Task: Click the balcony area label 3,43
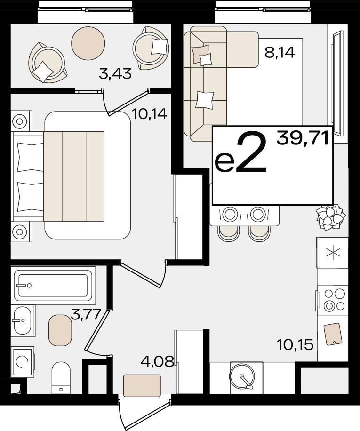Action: pyautogui.click(x=115, y=74)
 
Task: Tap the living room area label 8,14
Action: pyautogui.click(x=280, y=52)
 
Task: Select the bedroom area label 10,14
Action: pyautogui.click(x=150, y=113)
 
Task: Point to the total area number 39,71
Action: pyautogui.click(x=303, y=138)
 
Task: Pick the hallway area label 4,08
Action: pyautogui.click(x=157, y=361)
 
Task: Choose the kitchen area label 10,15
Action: pyautogui.click(x=295, y=345)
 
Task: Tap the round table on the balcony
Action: pyautogui.click(x=88, y=43)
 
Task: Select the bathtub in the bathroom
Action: pyautogui.click(x=53, y=285)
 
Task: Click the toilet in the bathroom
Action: pyautogui.click(x=61, y=378)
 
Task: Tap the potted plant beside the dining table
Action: pyautogui.click(x=330, y=217)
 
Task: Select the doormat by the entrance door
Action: pyautogui.click(x=142, y=385)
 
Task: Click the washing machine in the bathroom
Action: pyautogui.click(x=23, y=362)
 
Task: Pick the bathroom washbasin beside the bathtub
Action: pyautogui.click(x=23, y=320)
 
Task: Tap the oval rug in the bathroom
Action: pyautogui.click(x=60, y=330)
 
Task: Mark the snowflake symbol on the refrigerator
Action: pyautogui.click(x=333, y=253)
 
